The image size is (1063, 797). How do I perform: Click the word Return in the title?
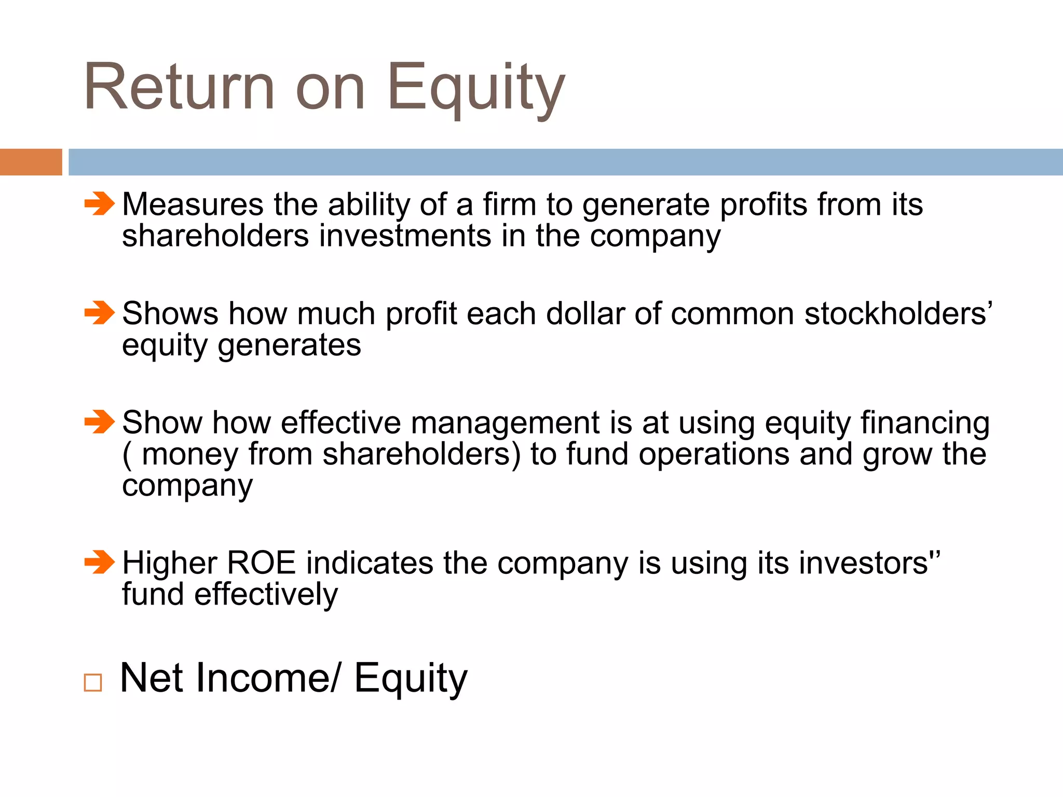pyautogui.click(x=179, y=87)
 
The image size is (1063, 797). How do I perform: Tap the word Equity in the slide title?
pyautogui.click(x=475, y=88)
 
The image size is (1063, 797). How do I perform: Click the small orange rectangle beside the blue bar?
pyautogui.click(x=31, y=162)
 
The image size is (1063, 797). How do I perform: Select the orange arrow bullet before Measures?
pyautogui.click(x=99, y=203)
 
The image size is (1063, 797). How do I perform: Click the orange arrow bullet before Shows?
pyautogui.click(x=99, y=313)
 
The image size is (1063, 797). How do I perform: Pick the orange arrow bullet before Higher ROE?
pyautogui.click(x=99, y=562)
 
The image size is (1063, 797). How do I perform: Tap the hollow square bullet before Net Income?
pyautogui.click(x=93, y=682)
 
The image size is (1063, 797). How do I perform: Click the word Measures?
pyautogui.click(x=193, y=204)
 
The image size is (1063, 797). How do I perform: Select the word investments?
pyautogui.click(x=405, y=236)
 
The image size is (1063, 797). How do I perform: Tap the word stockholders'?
pyautogui.click(x=898, y=314)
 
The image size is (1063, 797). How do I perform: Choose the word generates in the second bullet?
pyautogui.click(x=289, y=346)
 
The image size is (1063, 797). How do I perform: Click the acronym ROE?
pyautogui.click(x=261, y=563)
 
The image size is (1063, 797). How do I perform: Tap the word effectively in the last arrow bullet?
pyautogui.click(x=266, y=595)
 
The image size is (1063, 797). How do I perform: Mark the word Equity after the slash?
pyautogui.click(x=411, y=679)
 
